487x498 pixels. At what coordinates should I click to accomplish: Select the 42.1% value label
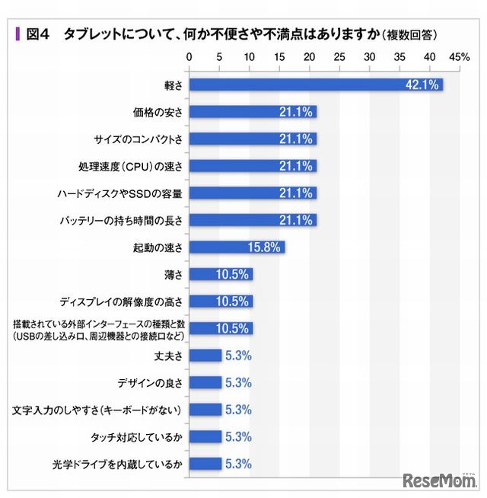422,85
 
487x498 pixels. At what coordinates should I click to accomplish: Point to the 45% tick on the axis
460,57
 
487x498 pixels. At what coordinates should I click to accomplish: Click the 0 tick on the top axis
189,57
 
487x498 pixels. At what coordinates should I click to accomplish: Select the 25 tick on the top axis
339,57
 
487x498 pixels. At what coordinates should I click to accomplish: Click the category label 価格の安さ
158,112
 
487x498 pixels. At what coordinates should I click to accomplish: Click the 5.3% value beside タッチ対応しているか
237,436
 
